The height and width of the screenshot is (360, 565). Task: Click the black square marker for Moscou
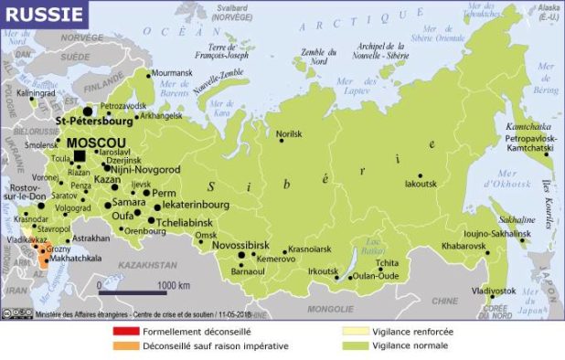click(x=80, y=155)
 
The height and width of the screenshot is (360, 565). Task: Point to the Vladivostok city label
click(x=494, y=291)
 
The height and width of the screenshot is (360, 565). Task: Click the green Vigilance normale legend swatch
click(x=351, y=346)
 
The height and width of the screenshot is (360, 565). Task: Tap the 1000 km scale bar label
click(x=173, y=285)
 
